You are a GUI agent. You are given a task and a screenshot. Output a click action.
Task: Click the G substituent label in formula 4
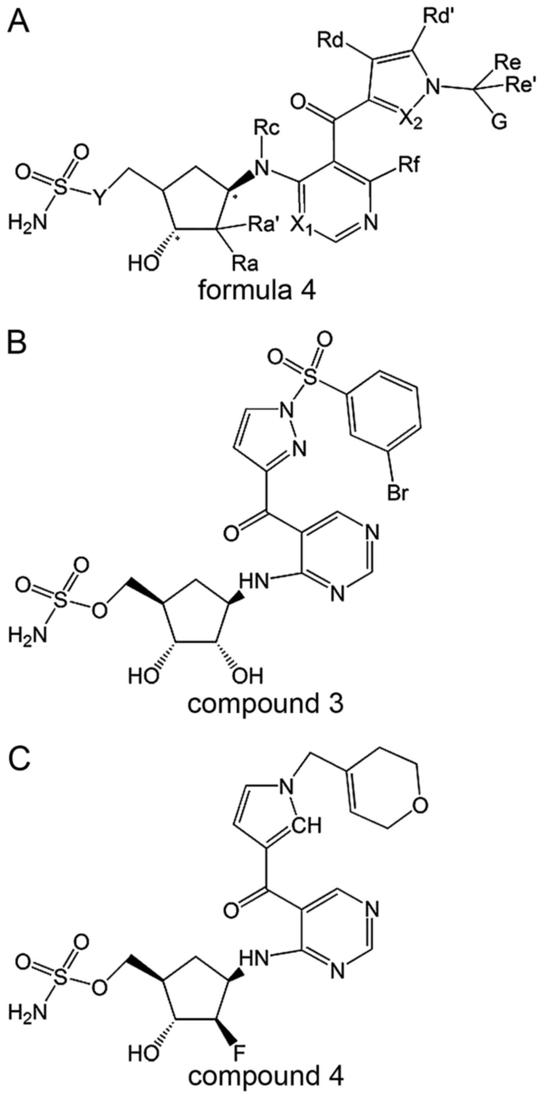[501, 122]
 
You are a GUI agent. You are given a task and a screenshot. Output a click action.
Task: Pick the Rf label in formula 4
[407, 166]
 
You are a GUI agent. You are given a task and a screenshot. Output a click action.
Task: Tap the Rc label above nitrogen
[267, 128]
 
